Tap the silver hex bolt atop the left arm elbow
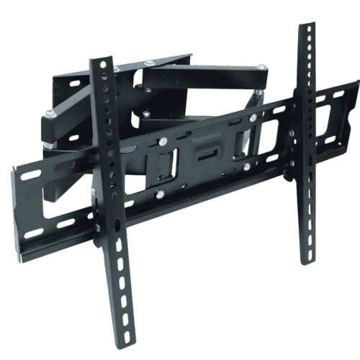click(49, 114)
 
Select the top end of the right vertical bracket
click(307, 27)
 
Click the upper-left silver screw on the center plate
click(164, 142)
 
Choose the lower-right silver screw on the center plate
click(247, 166)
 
